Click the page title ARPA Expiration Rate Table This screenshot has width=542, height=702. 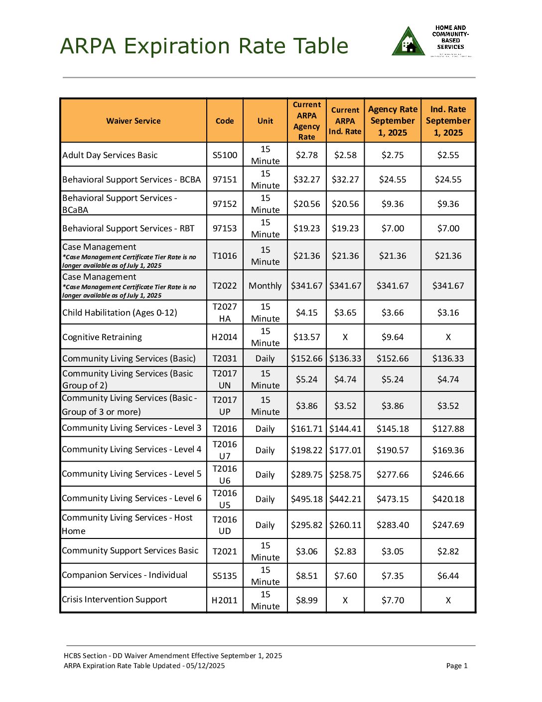point(204,46)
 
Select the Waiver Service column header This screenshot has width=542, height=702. point(133,121)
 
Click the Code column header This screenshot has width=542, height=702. point(225,121)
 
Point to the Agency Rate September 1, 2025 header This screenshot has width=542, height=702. point(393,121)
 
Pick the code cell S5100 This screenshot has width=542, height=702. point(225,155)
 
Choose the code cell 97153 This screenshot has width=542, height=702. point(225,228)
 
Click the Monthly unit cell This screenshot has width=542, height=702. point(265,286)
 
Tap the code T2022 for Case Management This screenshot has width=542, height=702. point(225,286)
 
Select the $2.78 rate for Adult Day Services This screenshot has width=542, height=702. point(306,155)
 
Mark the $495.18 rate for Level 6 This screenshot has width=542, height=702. point(306,499)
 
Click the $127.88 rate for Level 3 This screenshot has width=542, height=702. point(448,429)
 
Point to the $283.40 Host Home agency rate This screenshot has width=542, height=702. point(393,525)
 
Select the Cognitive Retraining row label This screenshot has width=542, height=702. point(102,337)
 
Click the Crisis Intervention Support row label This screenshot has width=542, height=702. point(115,599)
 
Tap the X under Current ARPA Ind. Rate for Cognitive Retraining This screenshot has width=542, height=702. point(345,337)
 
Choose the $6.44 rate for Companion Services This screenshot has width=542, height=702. point(448,576)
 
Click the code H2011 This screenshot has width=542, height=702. point(225,600)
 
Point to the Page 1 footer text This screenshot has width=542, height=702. point(457,666)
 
